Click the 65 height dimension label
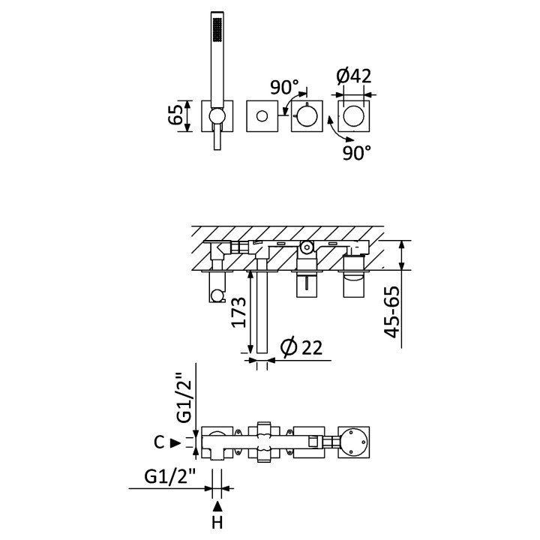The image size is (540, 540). point(175,115)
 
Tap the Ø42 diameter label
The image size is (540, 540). point(354,76)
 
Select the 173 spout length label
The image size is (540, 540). point(239,312)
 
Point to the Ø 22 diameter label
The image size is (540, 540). point(301,347)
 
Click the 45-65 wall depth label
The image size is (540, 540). point(392,312)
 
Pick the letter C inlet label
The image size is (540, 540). point(159,442)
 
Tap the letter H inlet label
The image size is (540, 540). point(217,523)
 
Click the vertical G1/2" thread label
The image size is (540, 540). point(184,397)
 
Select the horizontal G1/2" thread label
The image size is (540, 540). point(169,477)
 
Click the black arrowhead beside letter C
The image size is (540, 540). point(176,443)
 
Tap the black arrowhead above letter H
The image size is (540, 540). point(217,506)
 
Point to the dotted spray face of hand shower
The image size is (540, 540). point(217,29)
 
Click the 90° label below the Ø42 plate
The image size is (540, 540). point(357,152)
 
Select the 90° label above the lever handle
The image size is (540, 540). point(284,87)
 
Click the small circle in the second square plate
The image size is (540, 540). point(262,116)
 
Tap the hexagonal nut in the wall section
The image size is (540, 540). point(307,247)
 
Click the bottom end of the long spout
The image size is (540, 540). point(262,352)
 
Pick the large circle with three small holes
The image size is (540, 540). point(354,442)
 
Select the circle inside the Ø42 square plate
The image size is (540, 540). point(353,116)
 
